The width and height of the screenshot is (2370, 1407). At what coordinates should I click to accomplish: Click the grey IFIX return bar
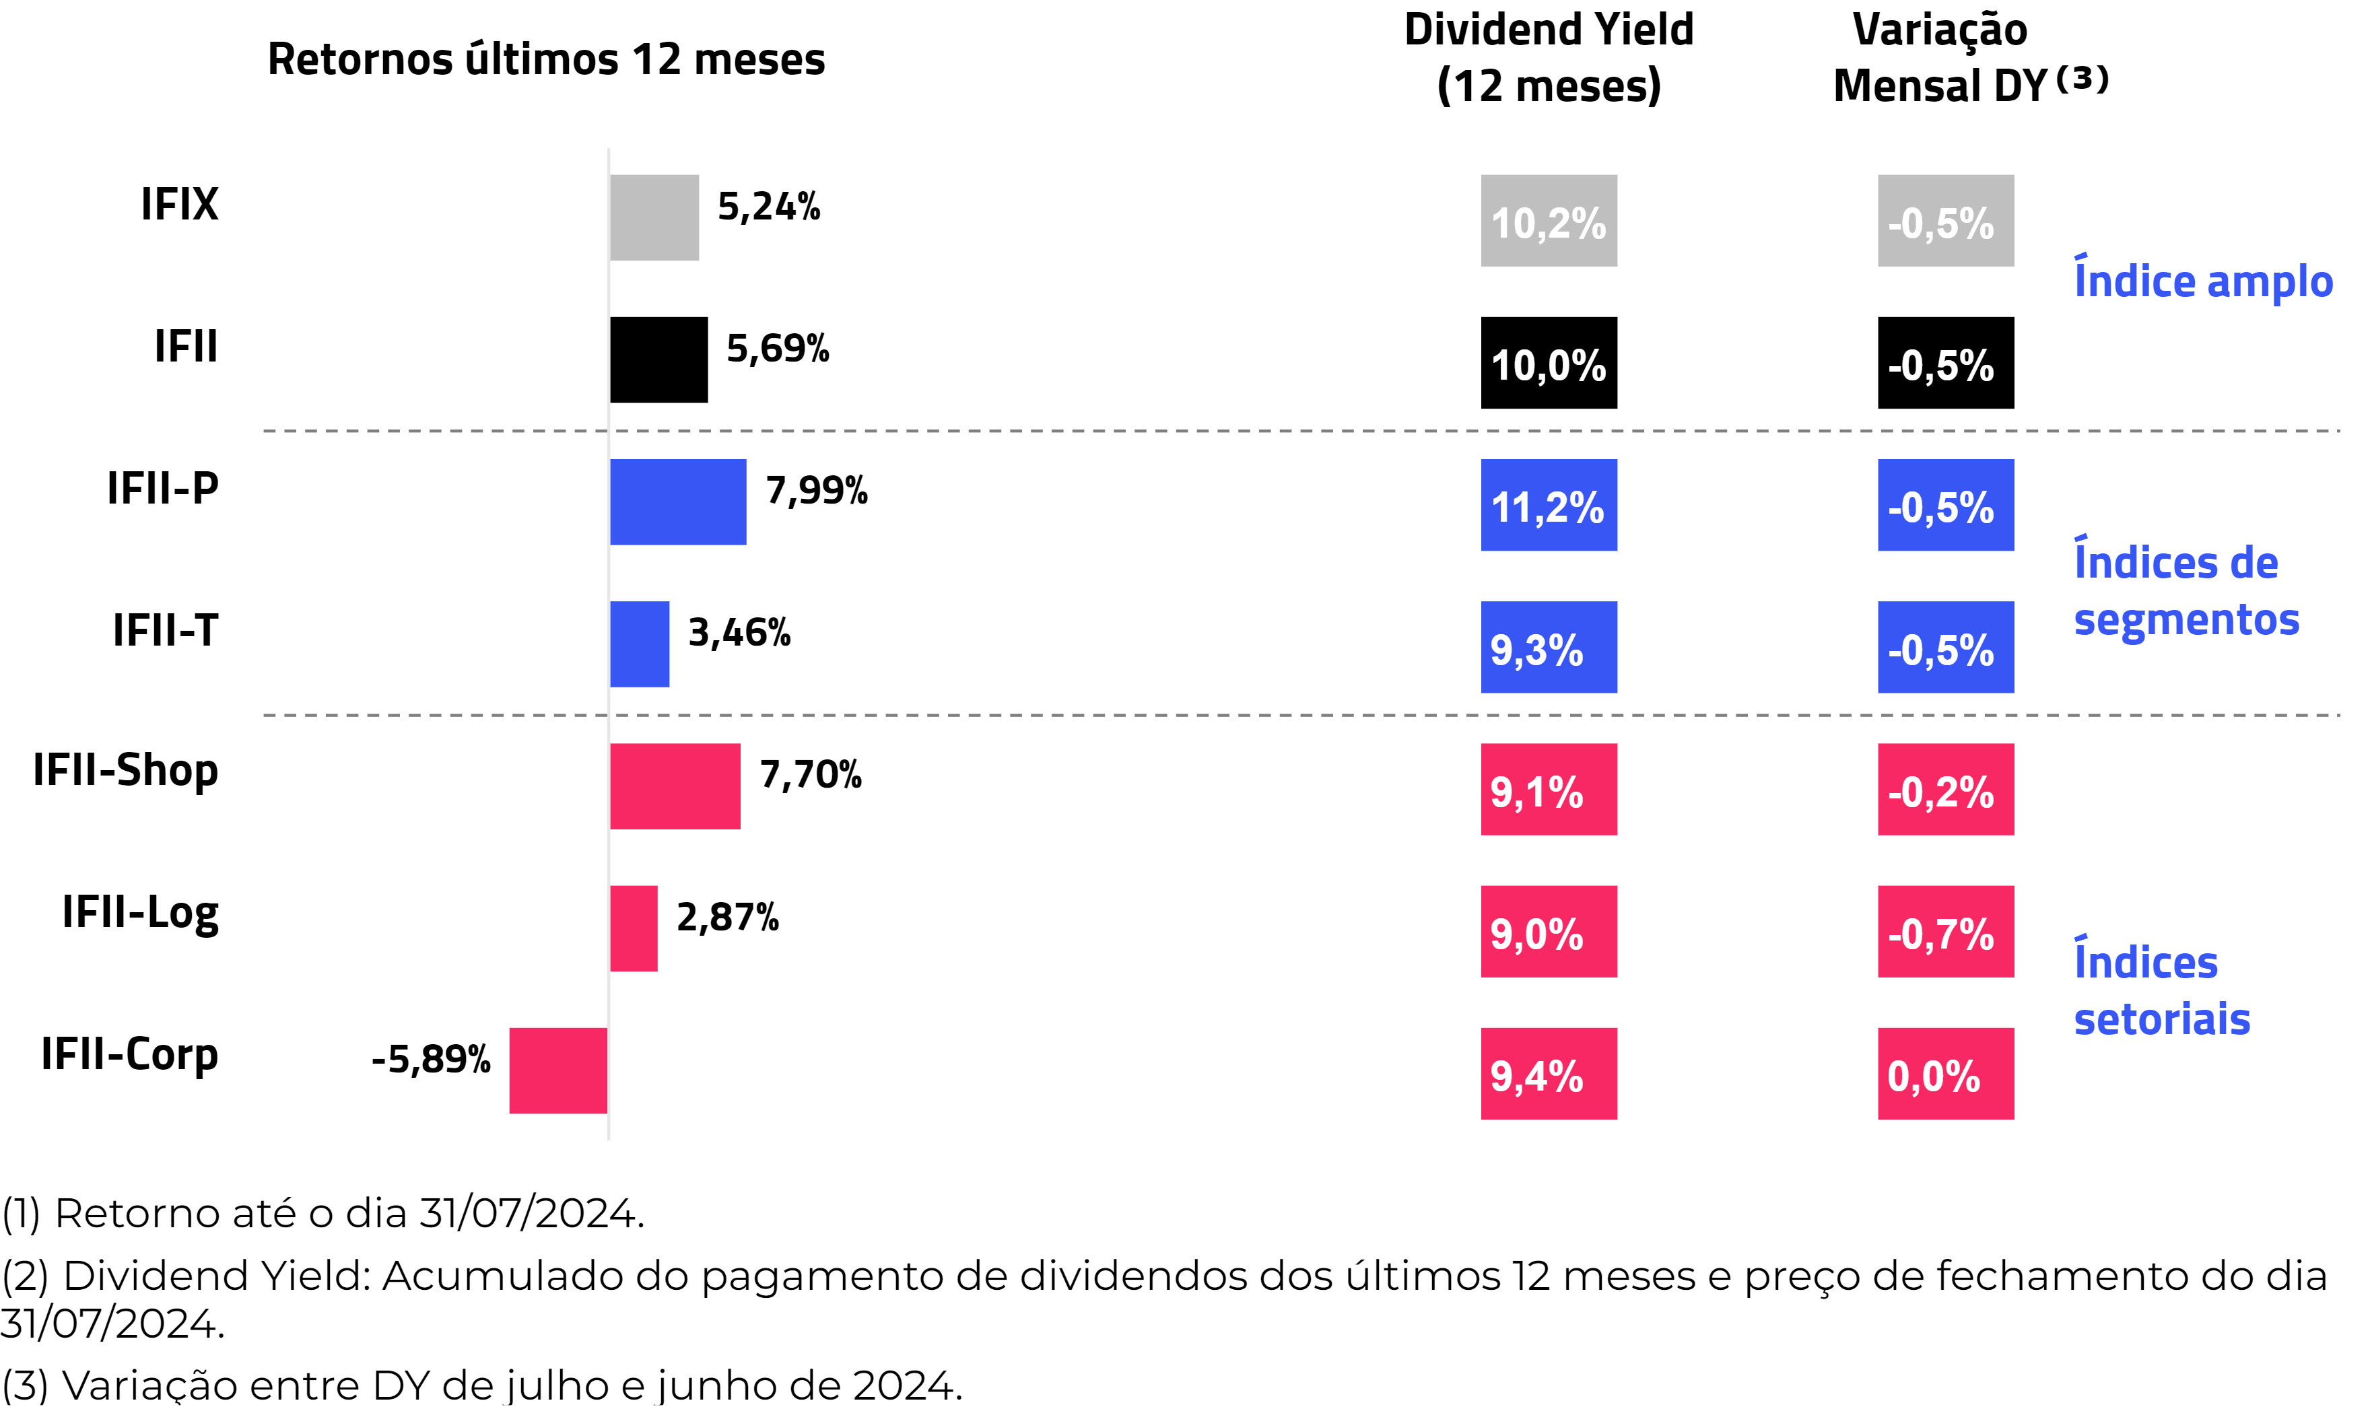tap(654, 217)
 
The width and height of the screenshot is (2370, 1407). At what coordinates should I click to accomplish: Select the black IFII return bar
tap(659, 359)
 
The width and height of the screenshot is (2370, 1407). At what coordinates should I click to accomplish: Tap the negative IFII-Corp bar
tap(558, 1070)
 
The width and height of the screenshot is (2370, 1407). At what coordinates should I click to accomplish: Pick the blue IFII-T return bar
tap(640, 644)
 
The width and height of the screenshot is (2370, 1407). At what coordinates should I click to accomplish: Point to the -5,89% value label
tap(432, 1059)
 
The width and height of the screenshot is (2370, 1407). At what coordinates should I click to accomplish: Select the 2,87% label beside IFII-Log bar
tap(727, 918)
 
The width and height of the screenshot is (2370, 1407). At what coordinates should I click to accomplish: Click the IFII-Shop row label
tap(126, 770)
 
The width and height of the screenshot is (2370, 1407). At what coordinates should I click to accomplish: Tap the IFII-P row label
tap(163, 488)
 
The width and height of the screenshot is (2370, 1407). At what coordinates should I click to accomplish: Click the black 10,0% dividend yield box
tap(1549, 363)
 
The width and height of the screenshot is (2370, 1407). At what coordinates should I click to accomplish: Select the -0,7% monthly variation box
tap(1945, 932)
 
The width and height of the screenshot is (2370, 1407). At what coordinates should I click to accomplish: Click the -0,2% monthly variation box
tap(1945, 790)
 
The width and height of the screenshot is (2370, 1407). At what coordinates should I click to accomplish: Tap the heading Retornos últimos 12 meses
tap(546, 59)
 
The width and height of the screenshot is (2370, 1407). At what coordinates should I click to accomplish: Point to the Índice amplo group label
tap(2203, 281)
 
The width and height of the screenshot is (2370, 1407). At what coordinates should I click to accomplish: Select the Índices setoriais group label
tap(2161, 991)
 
